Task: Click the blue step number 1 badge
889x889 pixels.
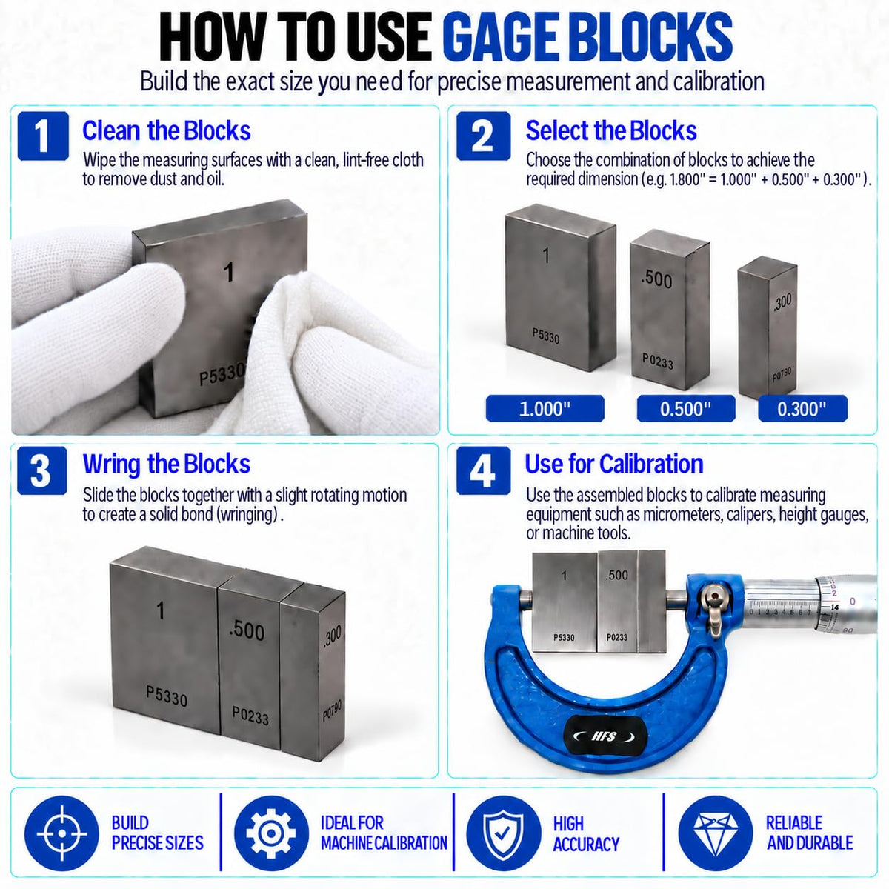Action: [x=43, y=136]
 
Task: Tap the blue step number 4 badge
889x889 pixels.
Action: [x=484, y=470]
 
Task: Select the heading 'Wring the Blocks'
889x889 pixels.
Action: [x=167, y=464]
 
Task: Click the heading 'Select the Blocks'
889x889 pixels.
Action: [x=611, y=130]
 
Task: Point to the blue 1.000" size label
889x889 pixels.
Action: [x=545, y=408]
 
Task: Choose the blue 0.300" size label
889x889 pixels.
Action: [x=803, y=408]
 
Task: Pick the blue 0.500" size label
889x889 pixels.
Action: [x=686, y=408]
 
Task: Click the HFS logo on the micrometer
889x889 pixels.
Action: [x=605, y=736]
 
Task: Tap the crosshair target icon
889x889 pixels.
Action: [x=61, y=833]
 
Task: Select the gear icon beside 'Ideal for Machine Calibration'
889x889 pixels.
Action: [x=271, y=833]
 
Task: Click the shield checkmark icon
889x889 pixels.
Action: [x=503, y=833]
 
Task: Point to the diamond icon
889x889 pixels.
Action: [x=716, y=833]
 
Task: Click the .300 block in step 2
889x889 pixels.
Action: [x=768, y=327]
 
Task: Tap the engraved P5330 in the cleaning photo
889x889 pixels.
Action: [x=222, y=375]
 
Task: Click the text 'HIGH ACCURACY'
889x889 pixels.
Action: [x=586, y=833]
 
